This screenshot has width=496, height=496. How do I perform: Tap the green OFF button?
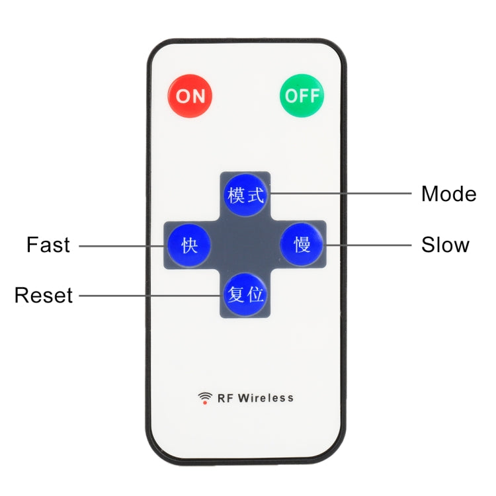coord(302,96)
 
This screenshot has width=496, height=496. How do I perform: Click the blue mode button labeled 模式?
coord(245,195)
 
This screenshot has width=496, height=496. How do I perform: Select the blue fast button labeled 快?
coord(189,245)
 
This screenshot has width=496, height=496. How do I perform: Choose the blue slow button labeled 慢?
coord(302,245)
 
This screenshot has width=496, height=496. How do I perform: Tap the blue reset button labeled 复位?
coord(245,294)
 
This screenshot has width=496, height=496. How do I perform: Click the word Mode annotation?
coord(448,194)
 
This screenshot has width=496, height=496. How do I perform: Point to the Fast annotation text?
coord(48,245)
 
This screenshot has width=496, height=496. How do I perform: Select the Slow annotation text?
coord(445,245)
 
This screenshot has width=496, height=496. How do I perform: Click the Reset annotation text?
coord(44,296)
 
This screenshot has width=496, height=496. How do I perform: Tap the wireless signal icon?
coord(205,397)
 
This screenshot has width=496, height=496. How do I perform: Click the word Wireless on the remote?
coord(266,398)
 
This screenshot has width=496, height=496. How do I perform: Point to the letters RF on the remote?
coord(226,398)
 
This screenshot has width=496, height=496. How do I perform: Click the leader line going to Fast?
coord(122,246)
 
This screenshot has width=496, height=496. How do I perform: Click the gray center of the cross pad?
coord(245,245)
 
